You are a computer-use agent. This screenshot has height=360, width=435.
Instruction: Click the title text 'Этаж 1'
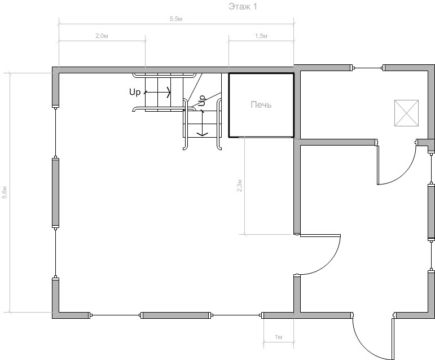(243, 6)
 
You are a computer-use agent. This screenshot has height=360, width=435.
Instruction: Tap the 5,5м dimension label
(176, 19)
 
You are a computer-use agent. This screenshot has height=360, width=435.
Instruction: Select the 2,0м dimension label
(102, 36)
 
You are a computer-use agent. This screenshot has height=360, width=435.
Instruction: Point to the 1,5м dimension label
(261, 36)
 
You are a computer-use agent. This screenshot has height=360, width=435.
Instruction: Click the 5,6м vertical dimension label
(5, 192)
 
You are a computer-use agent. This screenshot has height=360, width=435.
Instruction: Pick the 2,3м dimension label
(239, 186)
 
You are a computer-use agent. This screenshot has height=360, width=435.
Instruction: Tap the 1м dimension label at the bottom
(279, 337)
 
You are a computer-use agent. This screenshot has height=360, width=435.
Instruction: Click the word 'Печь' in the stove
(261, 104)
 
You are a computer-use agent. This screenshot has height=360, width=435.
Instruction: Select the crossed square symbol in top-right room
(406, 113)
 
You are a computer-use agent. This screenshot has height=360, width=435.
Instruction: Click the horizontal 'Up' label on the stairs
(135, 92)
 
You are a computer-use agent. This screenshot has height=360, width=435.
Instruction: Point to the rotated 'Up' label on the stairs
(202, 100)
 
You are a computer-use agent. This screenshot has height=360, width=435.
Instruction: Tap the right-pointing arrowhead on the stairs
(168, 92)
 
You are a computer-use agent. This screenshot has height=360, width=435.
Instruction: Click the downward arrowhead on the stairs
(203, 134)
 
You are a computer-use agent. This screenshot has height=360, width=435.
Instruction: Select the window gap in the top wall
(367, 68)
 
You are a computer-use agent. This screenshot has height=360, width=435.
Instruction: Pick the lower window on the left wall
(56, 253)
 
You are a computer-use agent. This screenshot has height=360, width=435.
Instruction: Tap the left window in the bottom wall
(116, 315)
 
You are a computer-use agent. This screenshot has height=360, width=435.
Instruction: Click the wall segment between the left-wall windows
(56, 193)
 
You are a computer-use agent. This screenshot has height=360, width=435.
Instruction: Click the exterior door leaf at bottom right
(393, 339)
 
